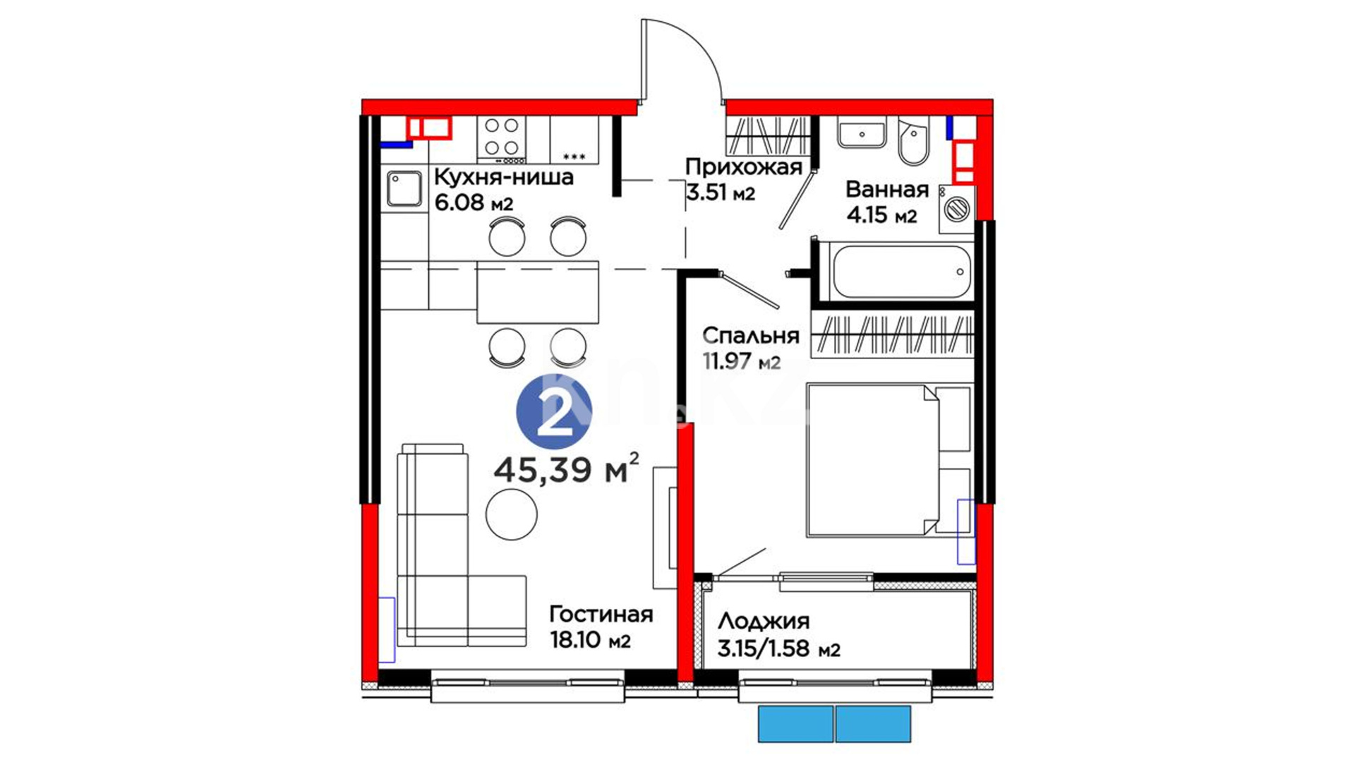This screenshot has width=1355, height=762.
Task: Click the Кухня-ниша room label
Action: pyautogui.click(x=503, y=176)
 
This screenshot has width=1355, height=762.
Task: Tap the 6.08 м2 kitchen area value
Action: pyautogui.click(x=474, y=203)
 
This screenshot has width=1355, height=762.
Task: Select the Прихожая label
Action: pyautogui.click(x=744, y=167)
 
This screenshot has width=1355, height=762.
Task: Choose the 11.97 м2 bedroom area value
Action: pyautogui.click(x=742, y=361)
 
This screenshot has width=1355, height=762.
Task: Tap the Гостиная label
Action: pyautogui.click(x=601, y=615)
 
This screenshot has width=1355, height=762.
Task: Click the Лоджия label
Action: pyautogui.click(x=764, y=622)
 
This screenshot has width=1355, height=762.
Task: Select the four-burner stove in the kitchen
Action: pyautogui.click(x=502, y=138)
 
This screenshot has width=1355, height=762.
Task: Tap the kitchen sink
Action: pyautogui.click(x=404, y=188)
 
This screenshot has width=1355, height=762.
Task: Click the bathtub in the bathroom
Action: pyautogui.click(x=901, y=272)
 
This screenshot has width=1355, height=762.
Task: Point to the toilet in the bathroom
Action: pyautogui.click(x=914, y=140)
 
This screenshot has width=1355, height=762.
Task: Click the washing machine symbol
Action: pyautogui.click(x=957, y=209)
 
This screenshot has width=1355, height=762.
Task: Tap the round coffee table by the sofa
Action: pyautogui.click(x=511, y=514)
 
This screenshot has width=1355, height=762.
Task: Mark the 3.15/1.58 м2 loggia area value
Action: pyautogui.click(x=779, y=648)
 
